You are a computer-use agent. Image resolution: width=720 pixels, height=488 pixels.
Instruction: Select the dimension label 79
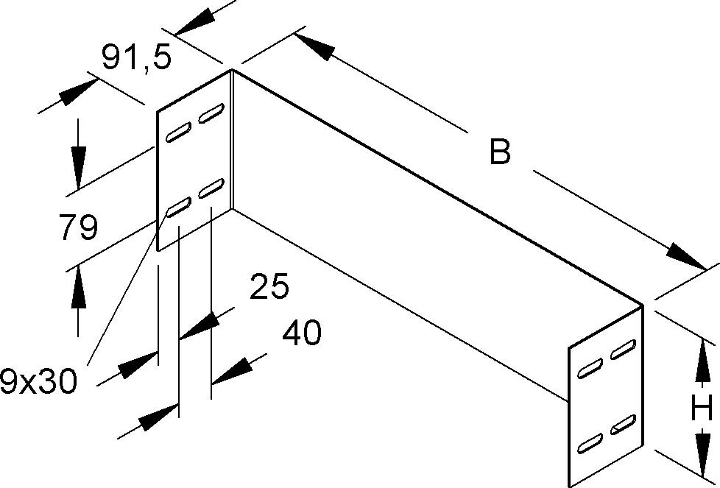(78, 228)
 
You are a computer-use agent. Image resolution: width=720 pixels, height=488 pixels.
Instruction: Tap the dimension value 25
(269, 288)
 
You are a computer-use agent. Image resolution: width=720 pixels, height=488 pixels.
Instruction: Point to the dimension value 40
(302, 334)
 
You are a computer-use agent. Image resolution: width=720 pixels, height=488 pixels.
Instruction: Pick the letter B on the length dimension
(500, 153)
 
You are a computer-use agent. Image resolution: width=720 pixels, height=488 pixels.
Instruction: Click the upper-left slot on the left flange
(178, 135)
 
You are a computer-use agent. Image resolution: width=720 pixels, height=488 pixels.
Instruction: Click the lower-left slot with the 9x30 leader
(178, 208)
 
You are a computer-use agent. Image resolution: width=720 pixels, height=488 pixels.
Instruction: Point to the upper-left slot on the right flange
(590, 369)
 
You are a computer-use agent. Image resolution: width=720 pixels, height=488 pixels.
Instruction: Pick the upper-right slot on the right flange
(624, 348)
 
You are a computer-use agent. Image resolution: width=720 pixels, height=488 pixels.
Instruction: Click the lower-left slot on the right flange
(590, 443)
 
